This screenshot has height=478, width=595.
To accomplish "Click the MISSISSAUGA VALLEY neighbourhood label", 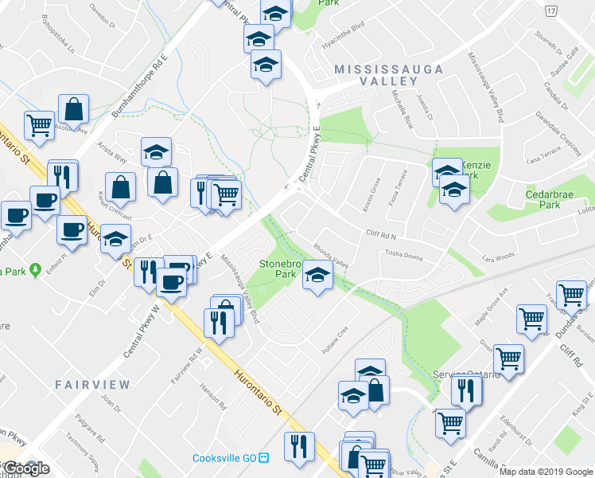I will click(x=389, y=75).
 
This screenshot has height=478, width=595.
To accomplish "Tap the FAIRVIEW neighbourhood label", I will click(x=92, y=385).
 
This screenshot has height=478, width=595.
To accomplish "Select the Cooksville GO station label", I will click(x=225, y=458).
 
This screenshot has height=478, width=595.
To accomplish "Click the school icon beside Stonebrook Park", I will click(x=317, y=276).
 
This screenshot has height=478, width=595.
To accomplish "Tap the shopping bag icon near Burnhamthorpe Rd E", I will click(x=73, y=110).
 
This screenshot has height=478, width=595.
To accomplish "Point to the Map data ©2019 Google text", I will click(x=546, y=472).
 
